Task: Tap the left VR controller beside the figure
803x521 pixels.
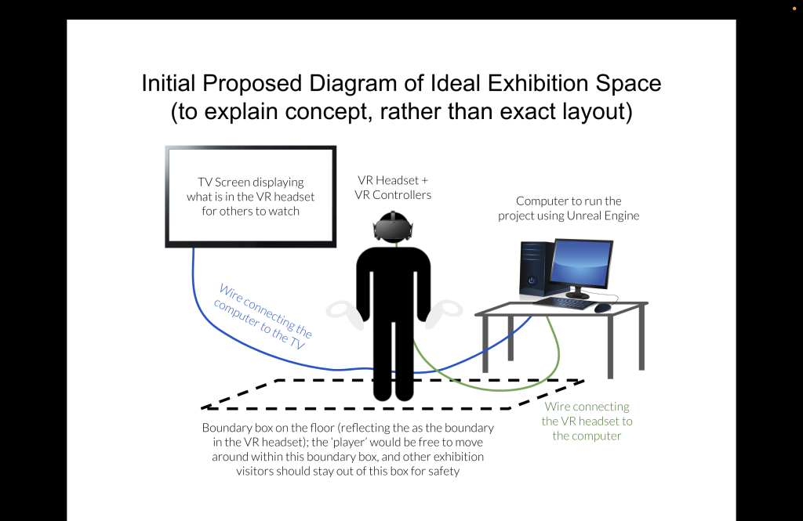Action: click(x=345, y=314)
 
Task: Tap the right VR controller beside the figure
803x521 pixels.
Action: click(x=444, y=313)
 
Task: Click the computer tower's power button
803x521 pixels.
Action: click(x=532, y=280)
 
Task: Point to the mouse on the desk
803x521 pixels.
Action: click(x=603, y=308)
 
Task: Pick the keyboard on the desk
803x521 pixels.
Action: click(x=565, y=303)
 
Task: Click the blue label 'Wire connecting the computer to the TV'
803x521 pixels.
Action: click(x=263, y=317)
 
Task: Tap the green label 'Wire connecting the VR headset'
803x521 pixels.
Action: click(x=587, y=414)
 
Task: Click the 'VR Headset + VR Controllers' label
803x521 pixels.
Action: click(x=393, y=187)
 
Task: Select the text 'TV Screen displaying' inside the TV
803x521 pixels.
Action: click(x=250, y=183)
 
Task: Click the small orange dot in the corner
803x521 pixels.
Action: click(x=794, y=9)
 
